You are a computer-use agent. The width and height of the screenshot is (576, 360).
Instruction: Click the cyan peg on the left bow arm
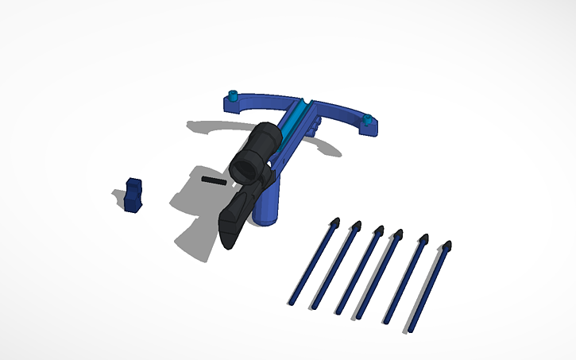point(233,97)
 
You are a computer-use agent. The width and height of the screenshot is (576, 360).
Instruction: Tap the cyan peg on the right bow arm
point(368,121)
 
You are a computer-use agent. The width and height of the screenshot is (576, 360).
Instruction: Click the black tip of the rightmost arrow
point(447,247)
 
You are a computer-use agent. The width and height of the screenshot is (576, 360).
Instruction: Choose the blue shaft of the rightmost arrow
point(430,290)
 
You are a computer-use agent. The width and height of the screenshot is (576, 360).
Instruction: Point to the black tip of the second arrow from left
point(356,226)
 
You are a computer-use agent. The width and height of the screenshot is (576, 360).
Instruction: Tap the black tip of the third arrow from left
point(378,230)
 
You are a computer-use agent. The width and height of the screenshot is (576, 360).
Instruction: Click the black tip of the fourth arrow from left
point(398,234)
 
